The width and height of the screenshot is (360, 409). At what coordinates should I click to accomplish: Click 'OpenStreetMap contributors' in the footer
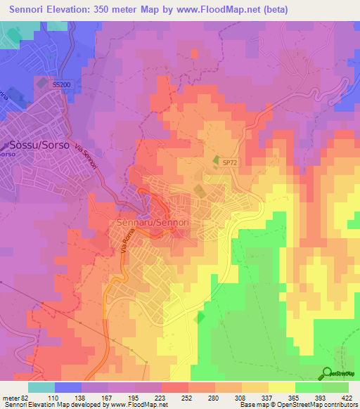(321, 404)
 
